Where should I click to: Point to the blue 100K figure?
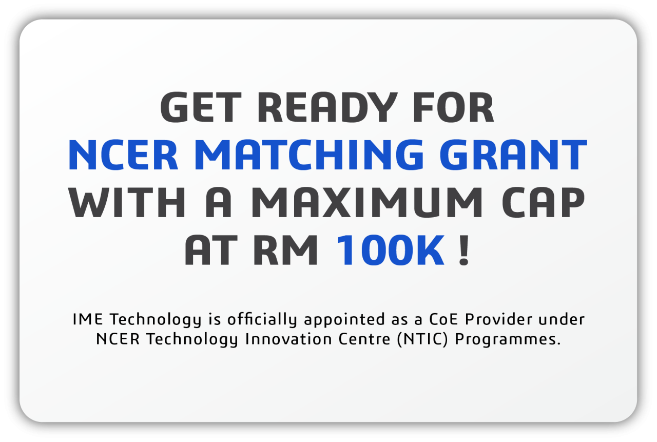point(390,251)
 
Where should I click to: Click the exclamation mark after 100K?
point(464,251)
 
